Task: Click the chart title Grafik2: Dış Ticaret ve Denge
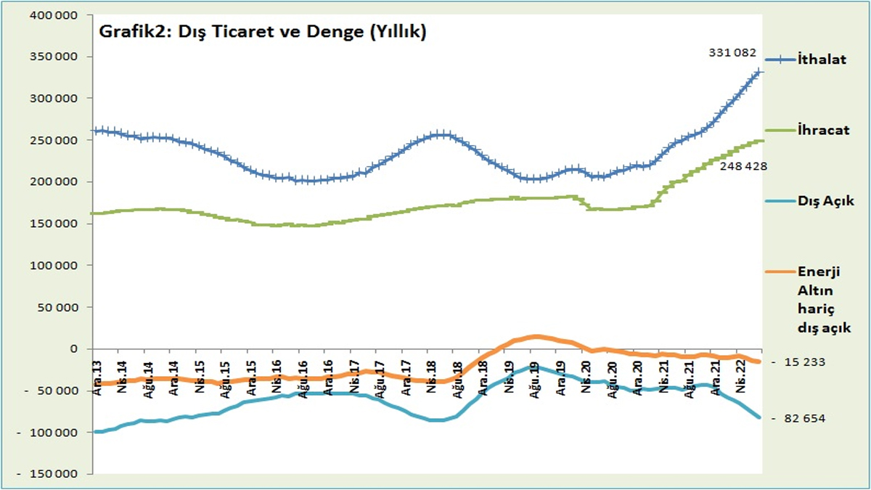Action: [x=262, y=33]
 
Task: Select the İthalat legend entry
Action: [x=822, y=60]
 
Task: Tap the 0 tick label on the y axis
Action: [x=73, y=349]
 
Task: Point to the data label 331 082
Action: [x=732, y=53]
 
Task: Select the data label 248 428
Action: [x=743, y=166]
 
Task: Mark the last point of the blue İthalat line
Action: [x=759, y=71]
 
